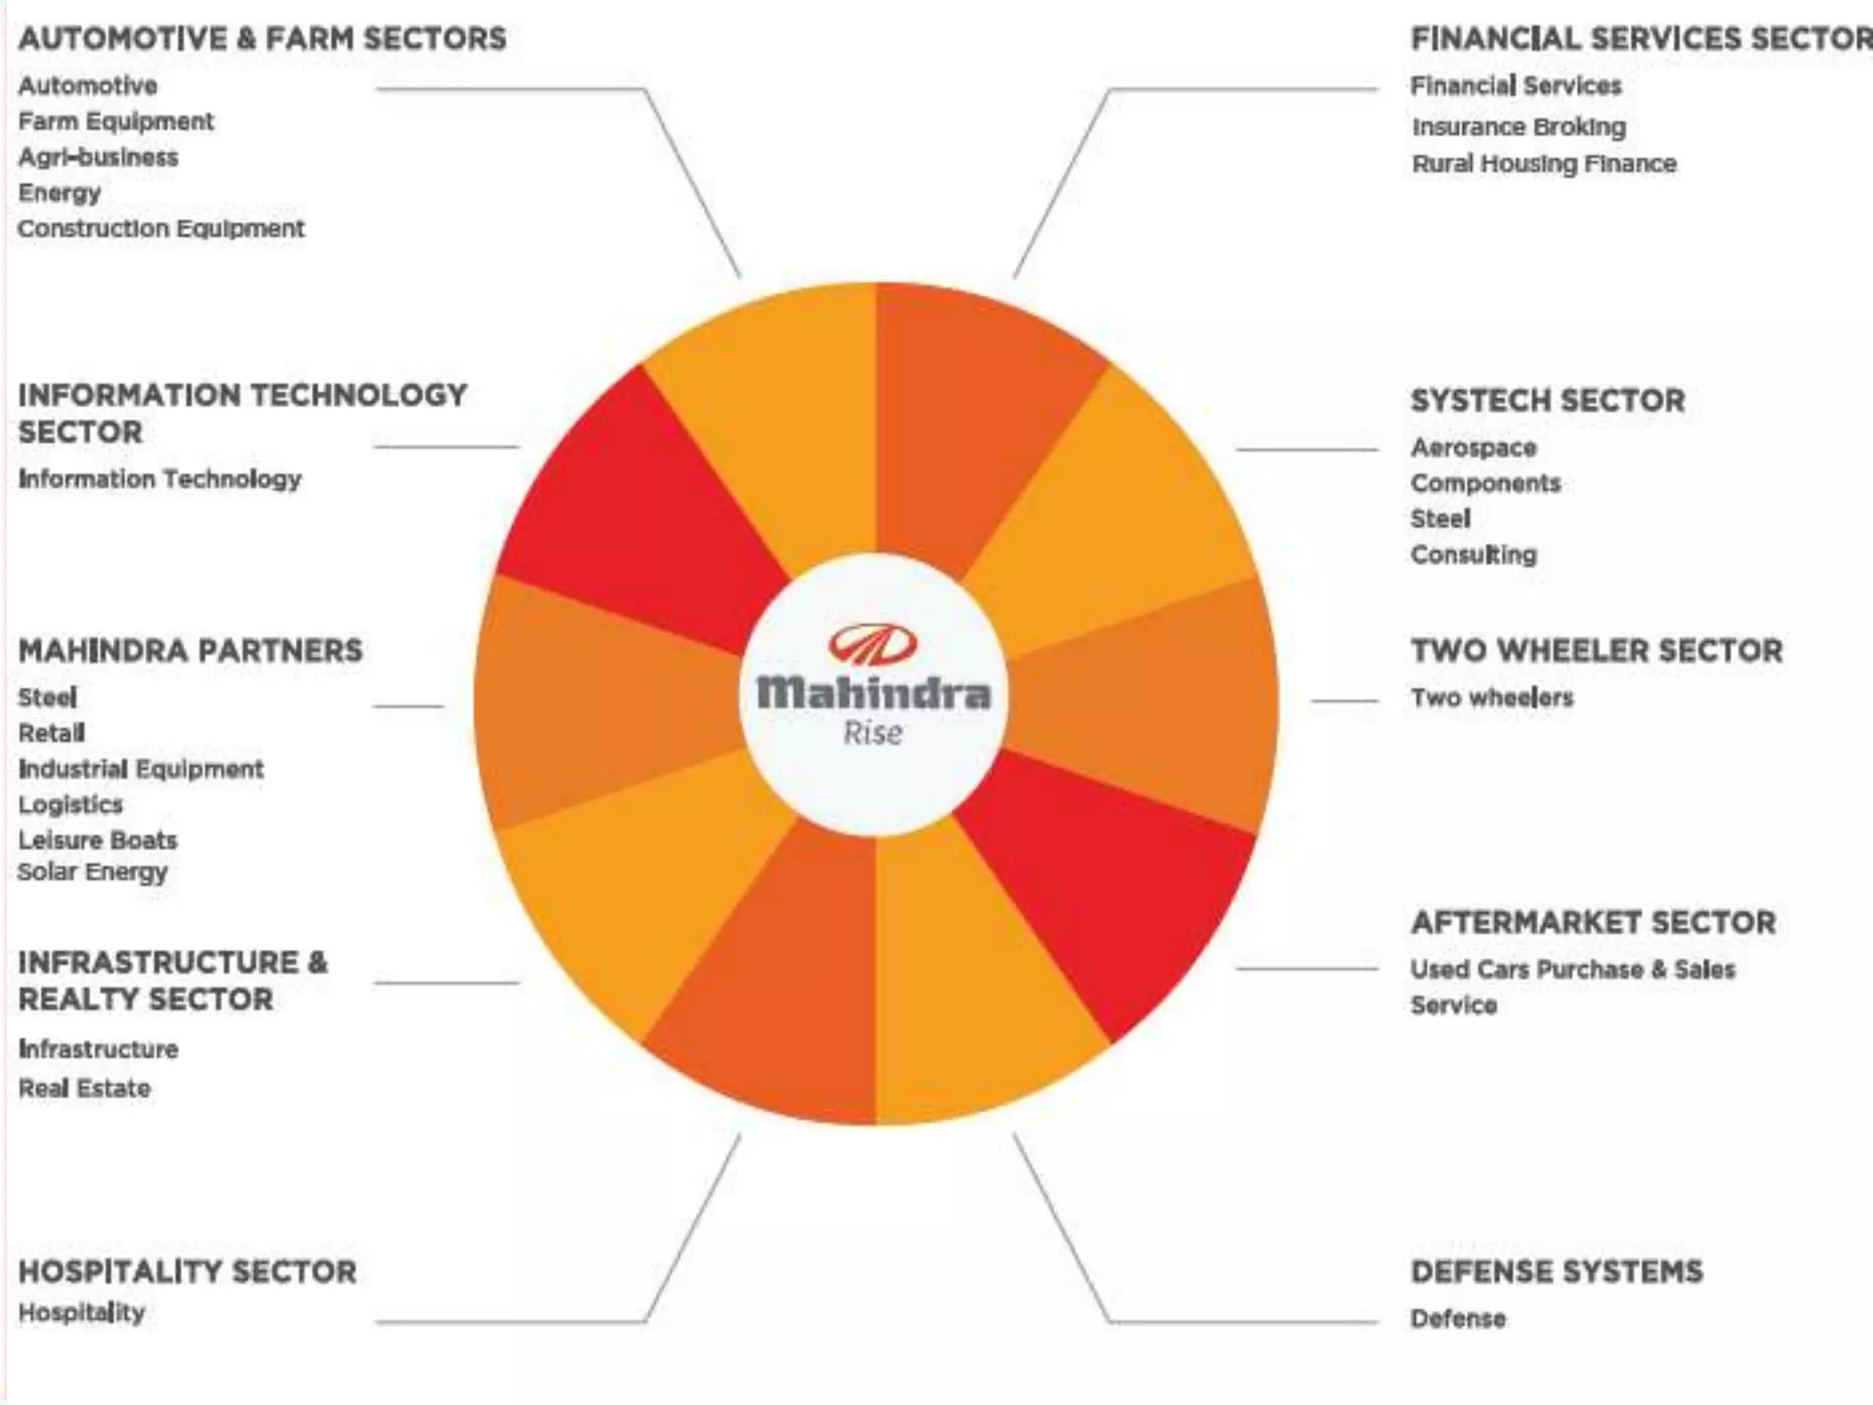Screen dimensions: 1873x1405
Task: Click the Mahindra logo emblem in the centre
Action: tap(872, 644)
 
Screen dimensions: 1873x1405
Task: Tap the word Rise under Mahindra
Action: tap(873, 733)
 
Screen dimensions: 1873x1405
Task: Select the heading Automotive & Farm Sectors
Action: tap(262, 38)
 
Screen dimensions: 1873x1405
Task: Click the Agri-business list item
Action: tap(99, 157)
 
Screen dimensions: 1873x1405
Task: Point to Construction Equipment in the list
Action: tap(161, 229)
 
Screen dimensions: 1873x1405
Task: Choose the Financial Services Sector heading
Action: tap(1640, 38)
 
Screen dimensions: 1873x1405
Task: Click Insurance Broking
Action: tap(1519, 126)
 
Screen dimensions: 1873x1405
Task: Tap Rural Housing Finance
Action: tap(1545, 164)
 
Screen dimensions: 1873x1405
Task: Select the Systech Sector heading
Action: tap(1547, 401)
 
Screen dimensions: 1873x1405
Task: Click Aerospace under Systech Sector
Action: tap(1473, 447)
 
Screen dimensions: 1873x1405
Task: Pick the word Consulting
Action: tap(1473, 554)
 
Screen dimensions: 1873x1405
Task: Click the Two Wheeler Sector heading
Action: tap(1597, 650)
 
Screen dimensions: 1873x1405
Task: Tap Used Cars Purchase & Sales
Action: tap(1573, 969)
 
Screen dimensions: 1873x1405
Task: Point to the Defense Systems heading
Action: tap(1557, 1271)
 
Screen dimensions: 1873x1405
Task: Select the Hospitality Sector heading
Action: tap(187, 1271)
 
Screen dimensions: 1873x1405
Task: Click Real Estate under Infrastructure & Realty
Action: tap(84, 1089)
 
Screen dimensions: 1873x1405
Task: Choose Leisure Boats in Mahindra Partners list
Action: tap(98, 840)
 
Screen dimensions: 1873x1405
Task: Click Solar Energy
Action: tap(93, 872)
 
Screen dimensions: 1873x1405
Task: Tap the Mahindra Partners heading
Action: tap(190, 650)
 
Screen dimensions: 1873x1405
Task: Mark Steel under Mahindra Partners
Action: tap(48, 697)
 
